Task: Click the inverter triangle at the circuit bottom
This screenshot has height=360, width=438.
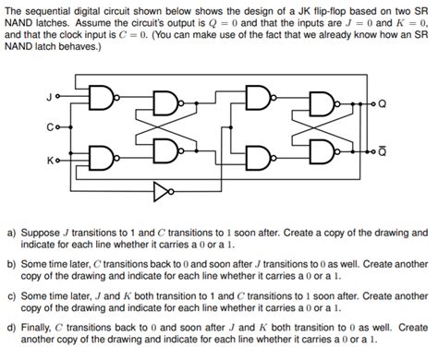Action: (163, 195)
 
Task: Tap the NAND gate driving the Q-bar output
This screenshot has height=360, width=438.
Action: (321, 151)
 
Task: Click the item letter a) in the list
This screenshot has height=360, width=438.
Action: (12, 234)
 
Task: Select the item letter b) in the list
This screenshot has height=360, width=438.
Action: (12, 264)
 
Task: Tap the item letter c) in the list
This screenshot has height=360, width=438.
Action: (12, 294)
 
